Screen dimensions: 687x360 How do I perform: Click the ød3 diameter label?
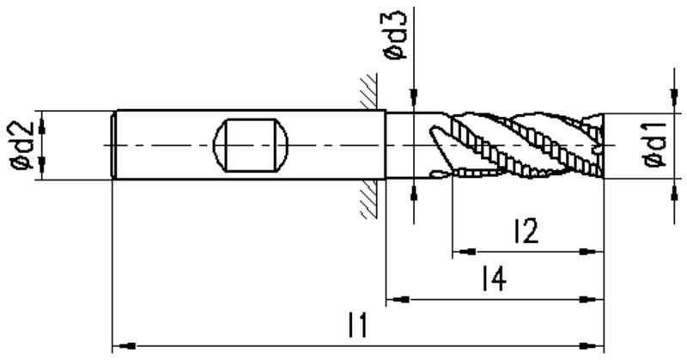[x=395, y=35]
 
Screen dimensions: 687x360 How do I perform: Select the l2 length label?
[x=526, y=231]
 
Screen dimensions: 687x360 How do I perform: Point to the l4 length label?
[x=494, y=278]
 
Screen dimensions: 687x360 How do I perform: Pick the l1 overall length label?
[x=357, y=325]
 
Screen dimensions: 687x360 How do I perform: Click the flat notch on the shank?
[x=251, y=145]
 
